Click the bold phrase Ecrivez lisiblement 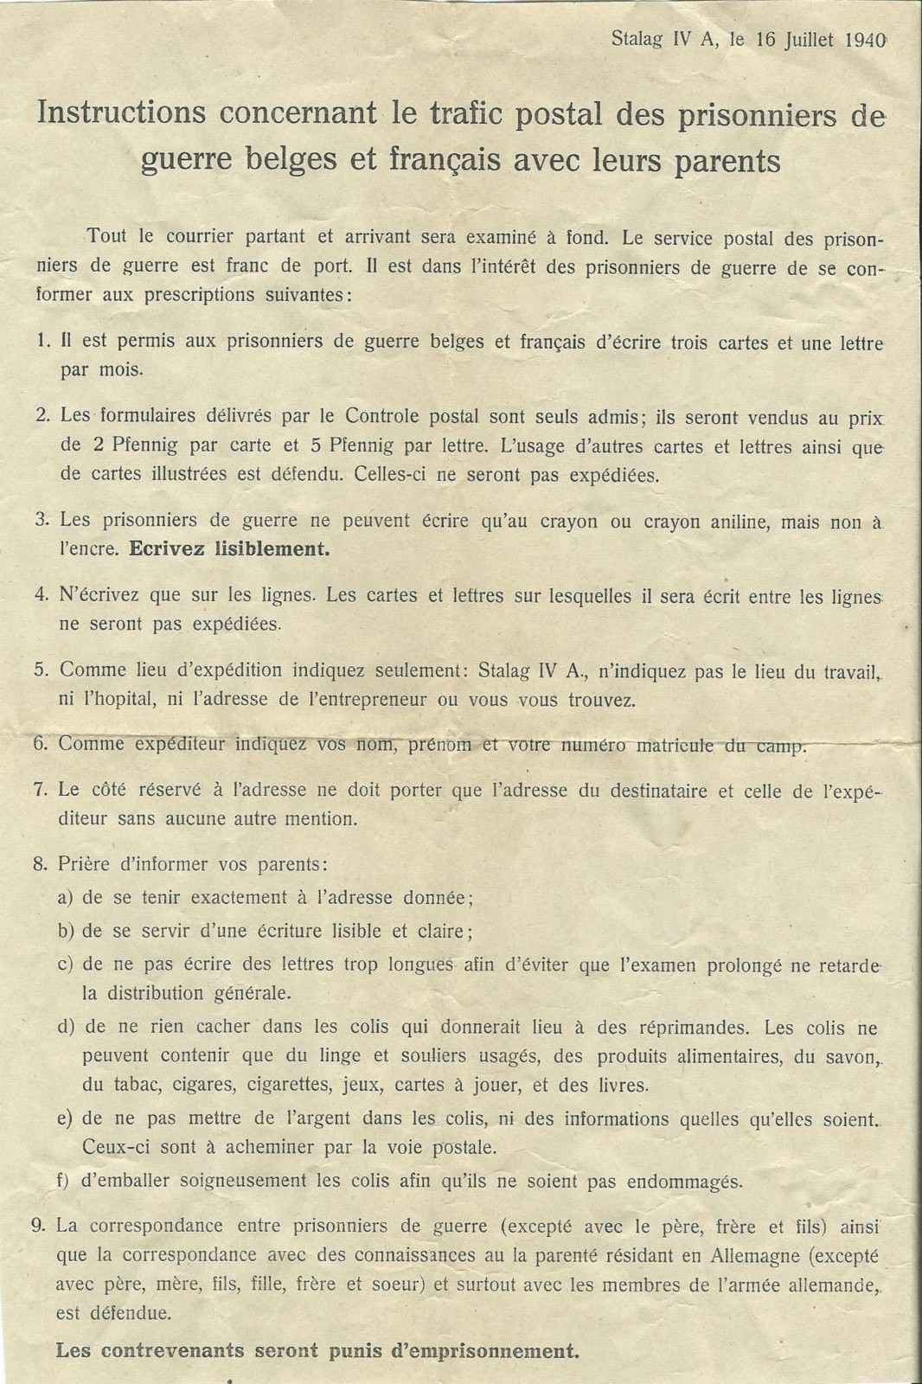click(229, 548)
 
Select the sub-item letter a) click(66, 898)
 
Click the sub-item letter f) click(65, 1181)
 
